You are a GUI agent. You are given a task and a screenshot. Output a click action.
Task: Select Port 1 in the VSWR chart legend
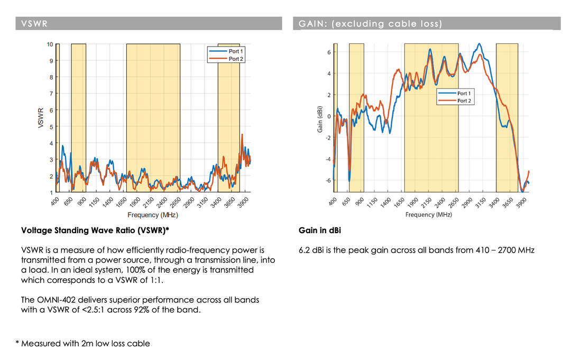[236, 51]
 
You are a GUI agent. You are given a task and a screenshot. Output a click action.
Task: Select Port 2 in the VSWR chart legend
[236, 59]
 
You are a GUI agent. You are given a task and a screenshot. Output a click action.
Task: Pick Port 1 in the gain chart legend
[464, 94]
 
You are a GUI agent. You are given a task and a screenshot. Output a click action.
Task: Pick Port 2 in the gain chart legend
[464, 100]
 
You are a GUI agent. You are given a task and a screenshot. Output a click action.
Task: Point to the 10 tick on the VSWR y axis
[50, 44]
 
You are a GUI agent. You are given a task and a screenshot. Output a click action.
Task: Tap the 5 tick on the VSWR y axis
[51, 127]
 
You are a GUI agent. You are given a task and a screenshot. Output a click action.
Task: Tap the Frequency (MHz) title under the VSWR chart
[152, 215]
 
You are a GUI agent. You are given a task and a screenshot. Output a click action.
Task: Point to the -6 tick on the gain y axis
[327, 180]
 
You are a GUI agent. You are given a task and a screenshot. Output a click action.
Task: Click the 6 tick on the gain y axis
[328, 52]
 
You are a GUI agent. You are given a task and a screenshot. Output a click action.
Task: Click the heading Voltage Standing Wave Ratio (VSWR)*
[95, 230]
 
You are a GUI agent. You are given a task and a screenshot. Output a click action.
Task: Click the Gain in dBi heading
[320, 230]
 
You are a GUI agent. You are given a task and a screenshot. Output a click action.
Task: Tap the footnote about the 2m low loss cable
[85, 344]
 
